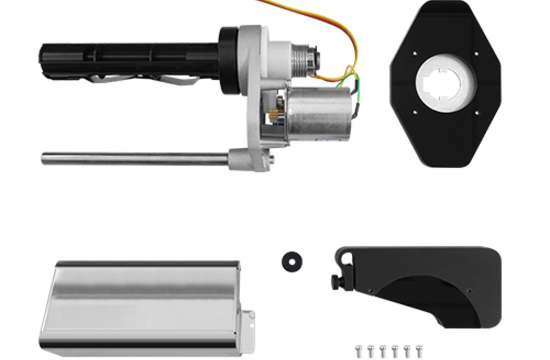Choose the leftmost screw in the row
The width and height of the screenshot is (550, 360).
click(357, 350)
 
